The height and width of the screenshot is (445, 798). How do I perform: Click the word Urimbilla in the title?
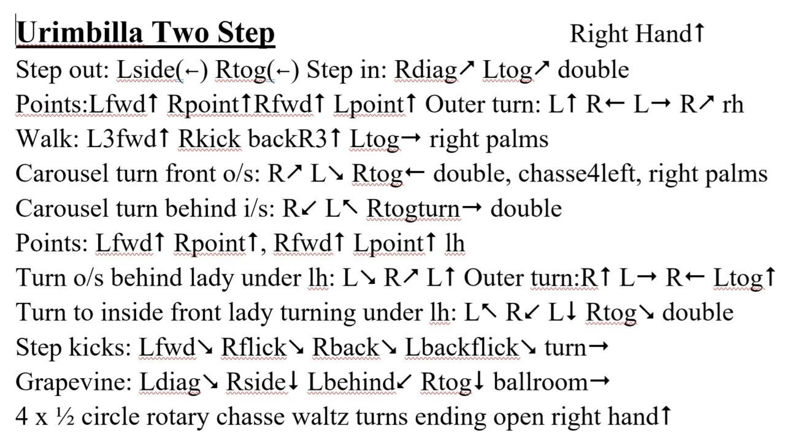80,32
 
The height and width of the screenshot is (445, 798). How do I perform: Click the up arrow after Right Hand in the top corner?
699,33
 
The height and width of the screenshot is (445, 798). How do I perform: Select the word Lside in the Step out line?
146,70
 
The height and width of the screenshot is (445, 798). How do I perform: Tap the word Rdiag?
426,70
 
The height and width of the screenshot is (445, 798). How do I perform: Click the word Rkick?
210,139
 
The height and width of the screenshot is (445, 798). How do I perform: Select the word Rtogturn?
413,209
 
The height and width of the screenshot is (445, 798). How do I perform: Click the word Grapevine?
74,383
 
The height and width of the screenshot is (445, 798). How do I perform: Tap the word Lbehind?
351,382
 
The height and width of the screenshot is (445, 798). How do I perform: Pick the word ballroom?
540,382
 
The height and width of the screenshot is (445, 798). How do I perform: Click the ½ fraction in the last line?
65,417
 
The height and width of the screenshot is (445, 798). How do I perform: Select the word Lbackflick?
462,348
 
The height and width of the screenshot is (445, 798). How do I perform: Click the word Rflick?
254,348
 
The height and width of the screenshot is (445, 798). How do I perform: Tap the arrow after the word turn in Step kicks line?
599,346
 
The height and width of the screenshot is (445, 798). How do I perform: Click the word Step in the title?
246,32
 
